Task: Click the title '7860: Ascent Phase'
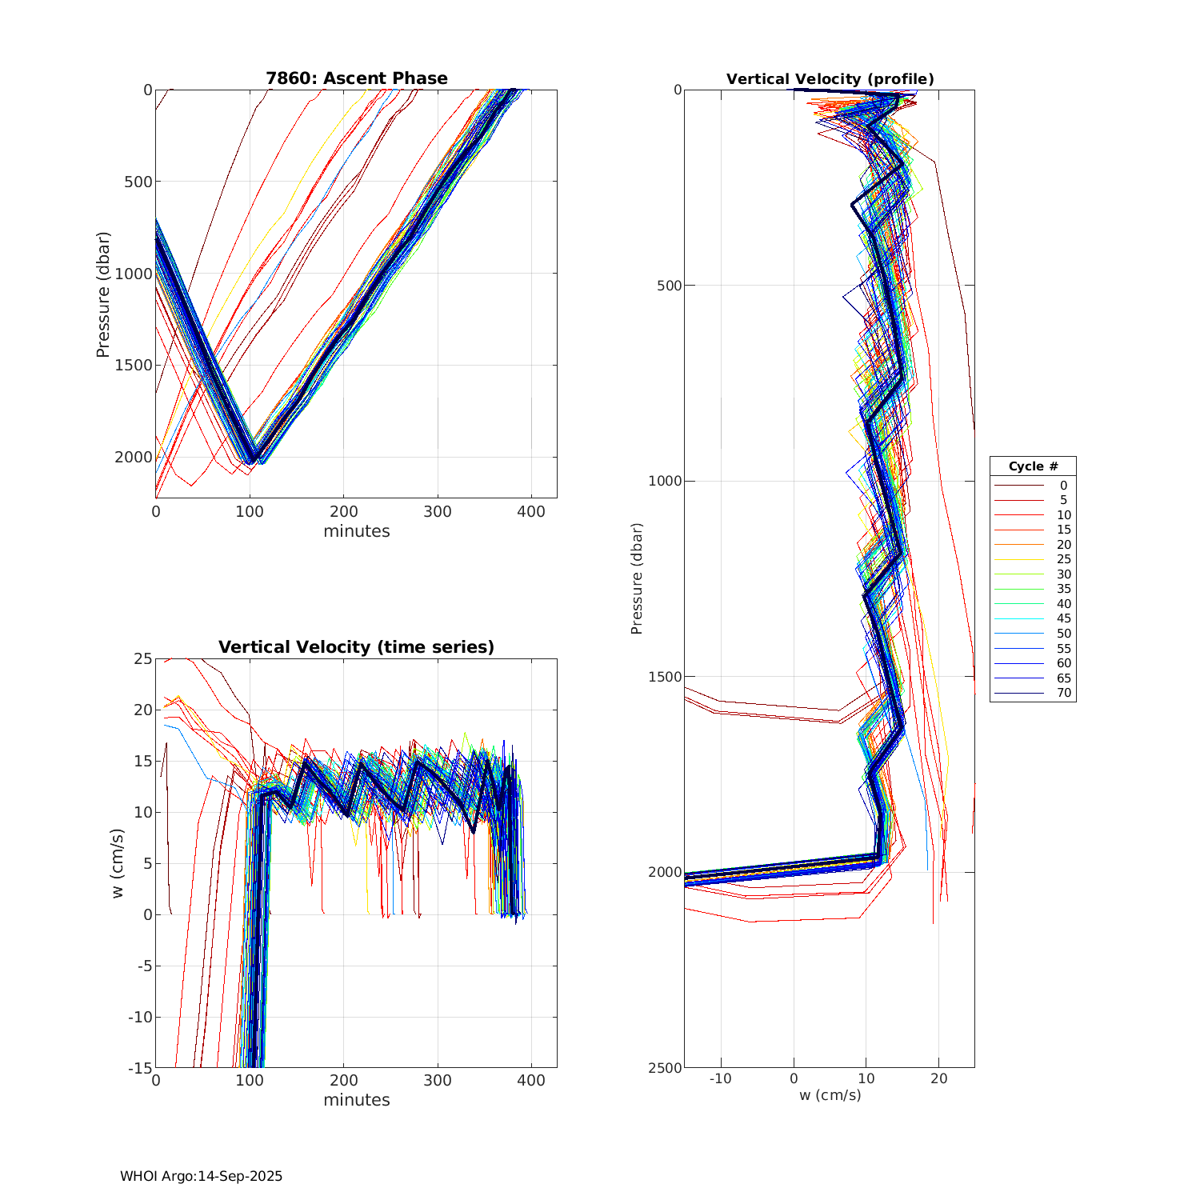357,78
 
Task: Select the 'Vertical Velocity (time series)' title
357,647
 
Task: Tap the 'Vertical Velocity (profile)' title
830,79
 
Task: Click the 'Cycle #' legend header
1033,466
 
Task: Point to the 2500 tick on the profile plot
666,1067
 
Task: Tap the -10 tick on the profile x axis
721,1078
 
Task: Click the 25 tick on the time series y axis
142,658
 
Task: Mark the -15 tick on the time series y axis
141,1067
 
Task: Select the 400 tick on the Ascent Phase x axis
531,511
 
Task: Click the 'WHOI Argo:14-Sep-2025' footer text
201,1176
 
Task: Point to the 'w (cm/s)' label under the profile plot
830,1094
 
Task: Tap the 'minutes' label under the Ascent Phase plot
357,531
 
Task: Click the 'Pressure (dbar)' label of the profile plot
637,578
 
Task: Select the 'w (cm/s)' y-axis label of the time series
118,863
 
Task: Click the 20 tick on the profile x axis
939,1078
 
